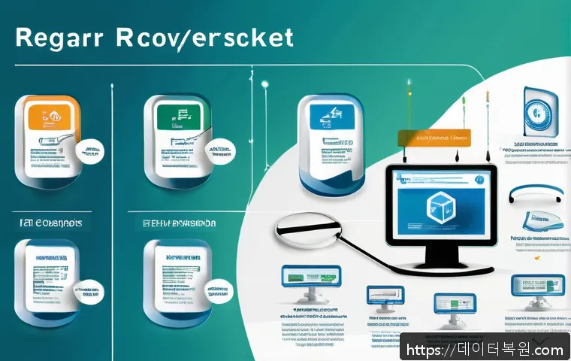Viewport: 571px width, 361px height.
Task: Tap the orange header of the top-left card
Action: (x=51, y=112)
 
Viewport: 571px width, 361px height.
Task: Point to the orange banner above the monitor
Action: (x=431, y=137)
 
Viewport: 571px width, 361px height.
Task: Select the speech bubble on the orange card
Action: (x=90, y=150)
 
